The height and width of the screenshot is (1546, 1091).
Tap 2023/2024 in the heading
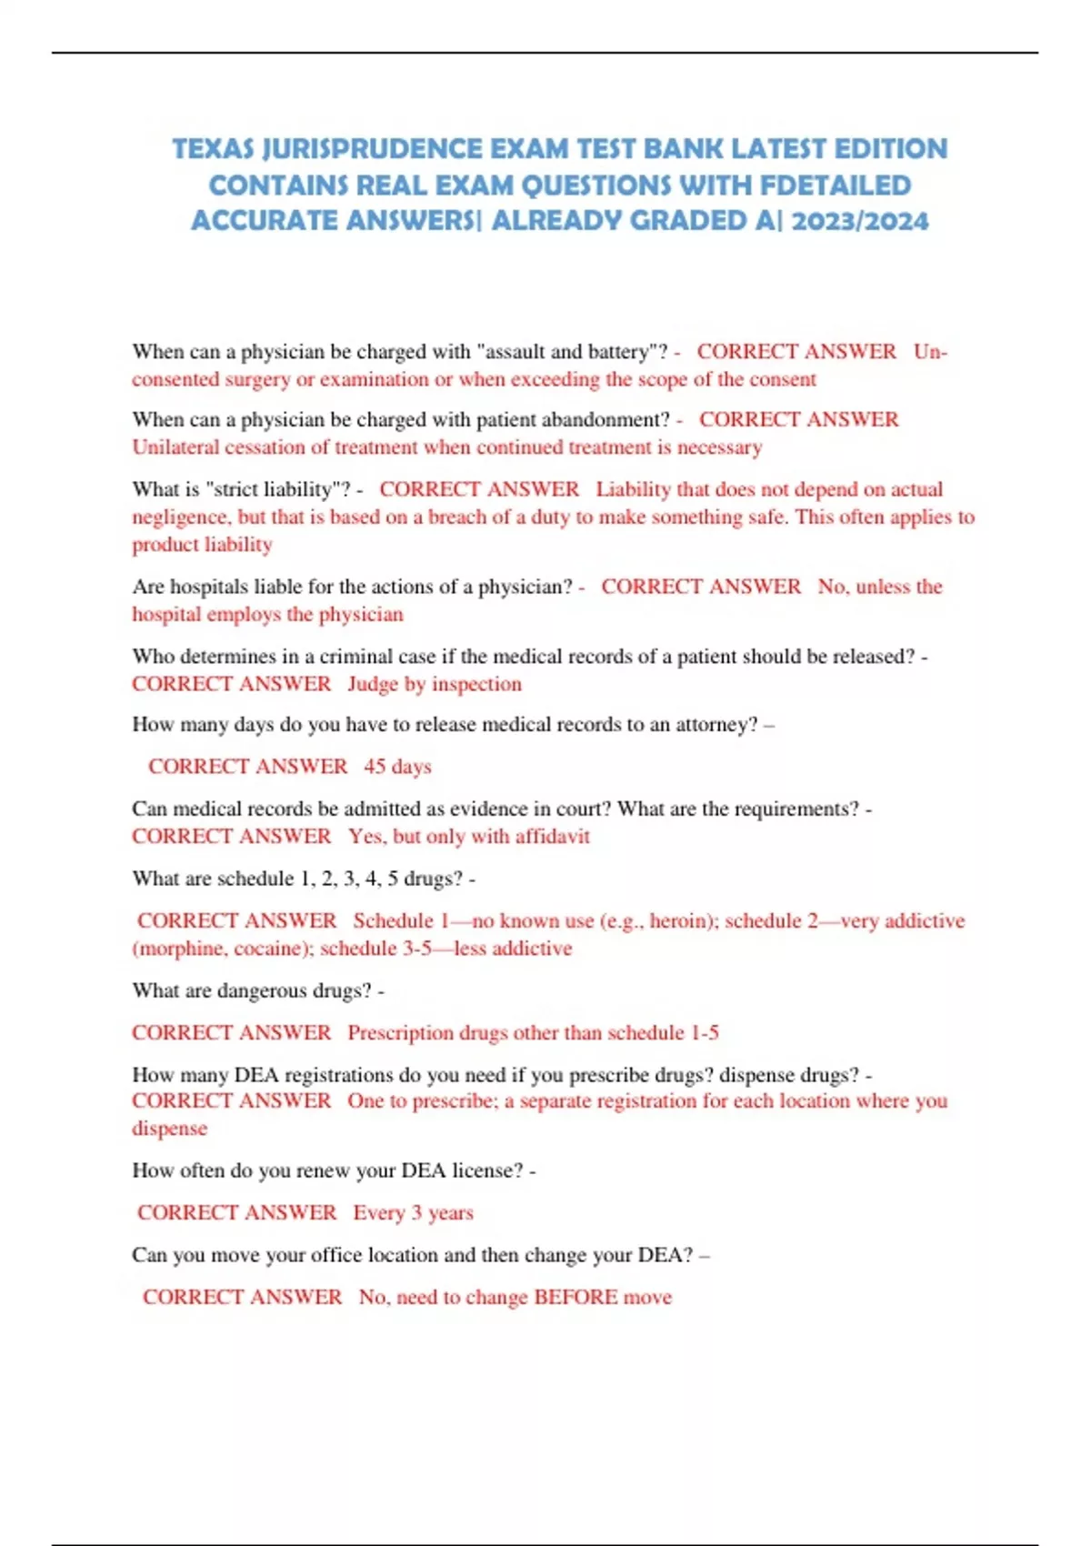(860, 221)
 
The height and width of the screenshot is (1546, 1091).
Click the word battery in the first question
(619, 352)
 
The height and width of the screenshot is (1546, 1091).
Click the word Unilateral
(175, 447)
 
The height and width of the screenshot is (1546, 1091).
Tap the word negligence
(179, 517)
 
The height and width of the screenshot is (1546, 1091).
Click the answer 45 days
(397, 767)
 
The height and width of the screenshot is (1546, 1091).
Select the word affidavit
(552, 837)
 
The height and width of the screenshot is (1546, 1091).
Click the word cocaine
(272, 949)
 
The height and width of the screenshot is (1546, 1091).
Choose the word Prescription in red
(400, 1033)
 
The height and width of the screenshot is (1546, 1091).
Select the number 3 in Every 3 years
(416, 1213)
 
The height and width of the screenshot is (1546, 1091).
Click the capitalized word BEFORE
(576, 1298)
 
